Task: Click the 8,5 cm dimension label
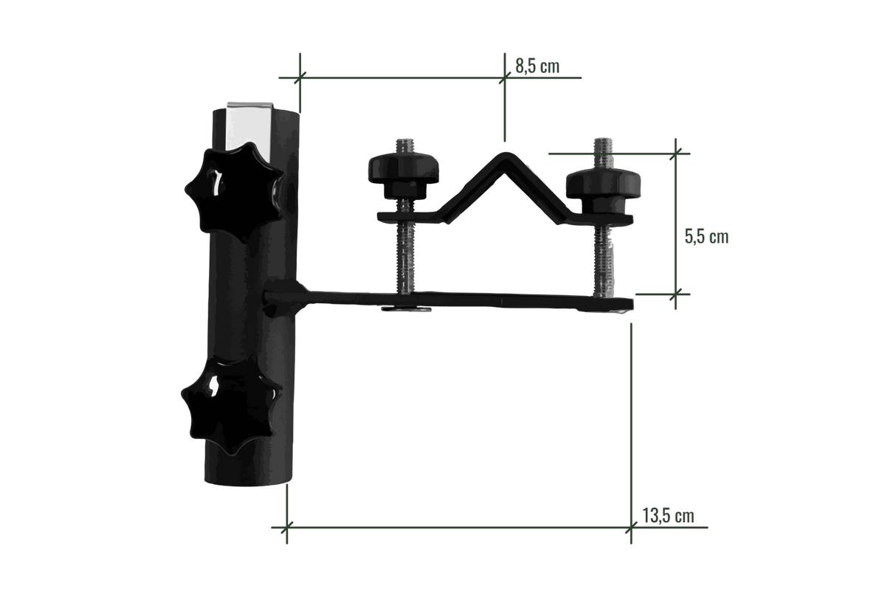tap(537, 66)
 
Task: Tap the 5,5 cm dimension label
tap(706, 237)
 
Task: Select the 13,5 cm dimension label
tap(669, 515)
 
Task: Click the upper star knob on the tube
tap(234, 193)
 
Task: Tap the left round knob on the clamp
tap(403, 176)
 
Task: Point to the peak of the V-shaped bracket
tap(506, 155)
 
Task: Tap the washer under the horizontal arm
tap(406, 309)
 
